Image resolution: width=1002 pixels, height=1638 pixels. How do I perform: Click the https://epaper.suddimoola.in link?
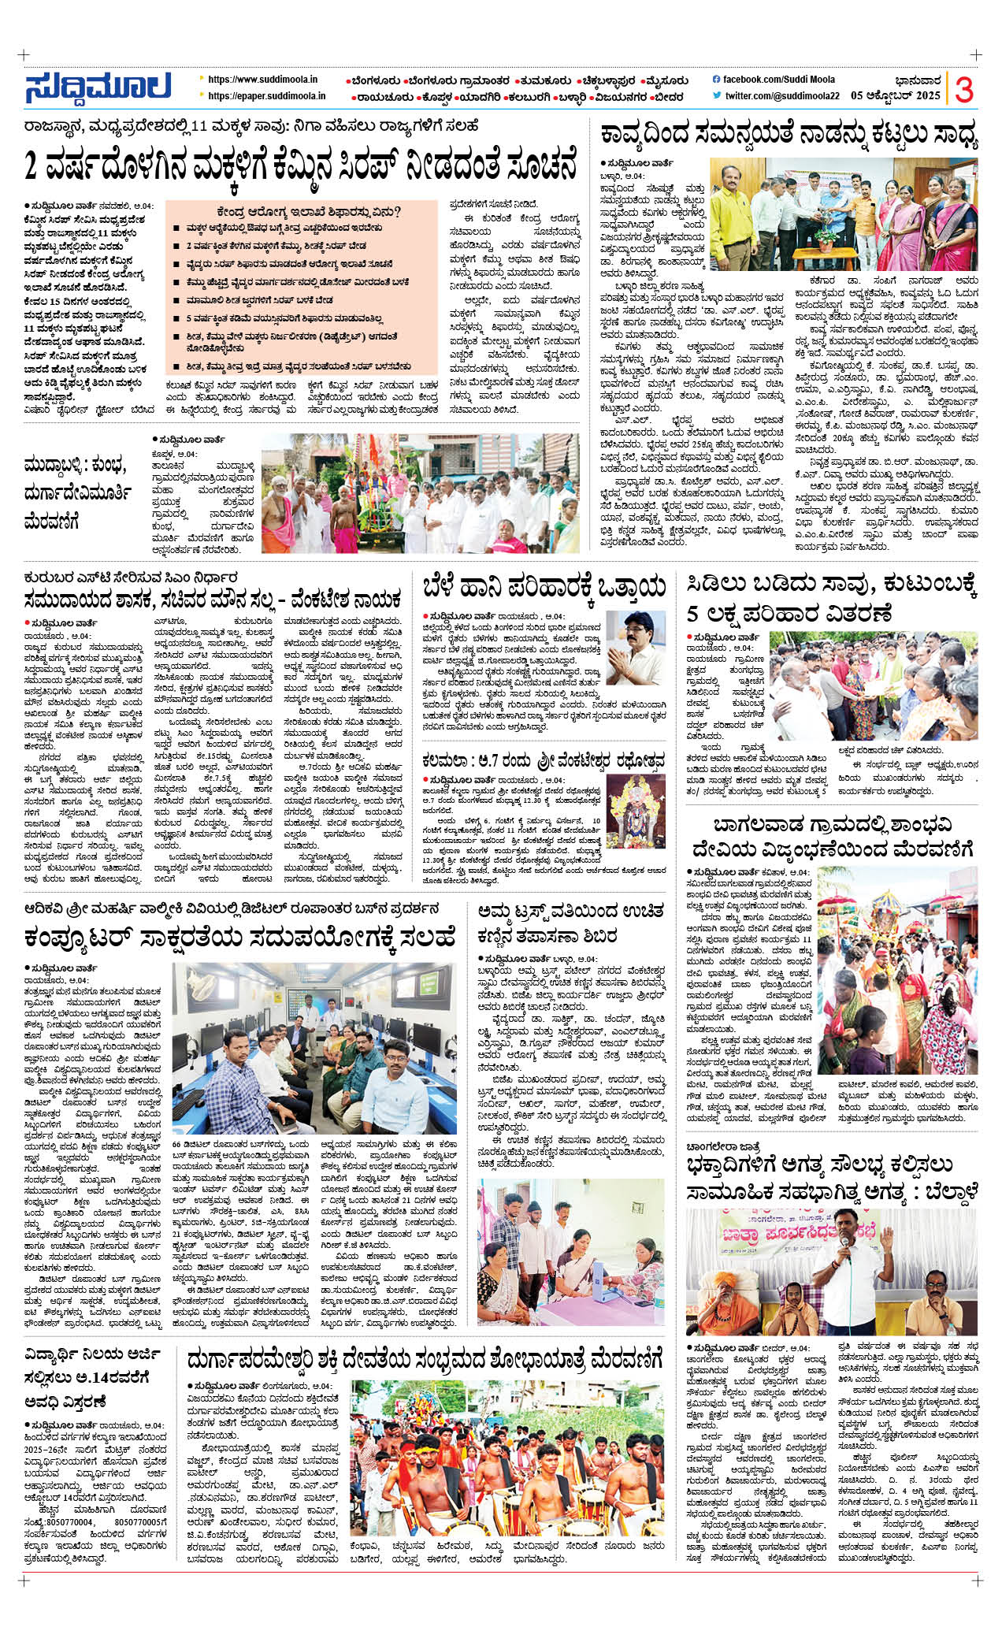pyautogui.click(x=266, y=96)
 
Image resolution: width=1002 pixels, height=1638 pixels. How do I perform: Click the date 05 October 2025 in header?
pyautogui.click(x=896, y=95)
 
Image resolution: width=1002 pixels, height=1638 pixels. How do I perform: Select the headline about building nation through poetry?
pyautogui.click(x=788, y=136)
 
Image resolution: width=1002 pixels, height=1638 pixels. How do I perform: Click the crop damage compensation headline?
pyautogui.click(x=544, y=587)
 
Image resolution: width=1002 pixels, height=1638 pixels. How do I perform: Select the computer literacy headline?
pyautogui.click(x=239, y=938)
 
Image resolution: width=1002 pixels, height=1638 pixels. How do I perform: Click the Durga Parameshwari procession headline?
pyautogui.click(x=425, y=1360)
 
